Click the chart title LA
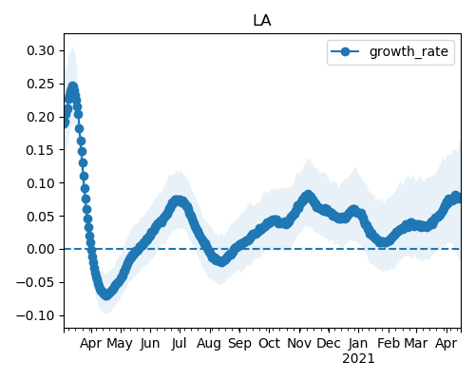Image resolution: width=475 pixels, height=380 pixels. pyautogui.click(x=262, y=21)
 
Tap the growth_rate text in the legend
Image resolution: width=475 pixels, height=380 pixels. pyautogui.click(x=408, y=51)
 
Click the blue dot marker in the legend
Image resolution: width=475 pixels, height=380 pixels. pyautogui.click(x=345, y=51)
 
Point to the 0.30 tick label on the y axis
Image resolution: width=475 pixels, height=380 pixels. pyautogui.click(x=41, y=50)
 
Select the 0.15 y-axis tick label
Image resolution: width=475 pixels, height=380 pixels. pyautogui.click(x=41, y=150)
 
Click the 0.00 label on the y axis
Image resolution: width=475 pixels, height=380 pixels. pyautogui.click(x=41, y=249)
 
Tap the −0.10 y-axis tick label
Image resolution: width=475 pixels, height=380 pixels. pyautogui.click(x=35, y=315)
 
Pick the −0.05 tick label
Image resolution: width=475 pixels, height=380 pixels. pyautogui.click(x=35, y=282)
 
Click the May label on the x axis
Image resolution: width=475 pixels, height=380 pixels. pyautogui.click(x=120, y=344)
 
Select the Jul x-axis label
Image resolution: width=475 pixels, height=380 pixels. pyautogui.click(x=179, y=343)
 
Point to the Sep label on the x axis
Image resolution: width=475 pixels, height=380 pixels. pyautogui.click(x=239, y=344)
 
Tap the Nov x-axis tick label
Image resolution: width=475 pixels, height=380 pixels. pyautogui.click(x=299, y=343)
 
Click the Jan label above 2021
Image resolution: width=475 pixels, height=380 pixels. pyautogui.click(x=358, y=343)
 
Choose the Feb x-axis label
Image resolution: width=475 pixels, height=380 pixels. pyautogui.click(x=389, y=343)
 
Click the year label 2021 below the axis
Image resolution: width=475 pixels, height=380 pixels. pyautogui.click(x=358, y=359)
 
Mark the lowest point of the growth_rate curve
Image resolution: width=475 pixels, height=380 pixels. pyautogui.click(x=106, y=295)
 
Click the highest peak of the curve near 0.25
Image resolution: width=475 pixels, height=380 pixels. pyautogui.click(x=73, y=87)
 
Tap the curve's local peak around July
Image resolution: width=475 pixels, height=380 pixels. pyautogui.click(x=179, y=200)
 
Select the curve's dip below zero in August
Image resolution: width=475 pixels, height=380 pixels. pyautogui.click(x=221, y=261)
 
